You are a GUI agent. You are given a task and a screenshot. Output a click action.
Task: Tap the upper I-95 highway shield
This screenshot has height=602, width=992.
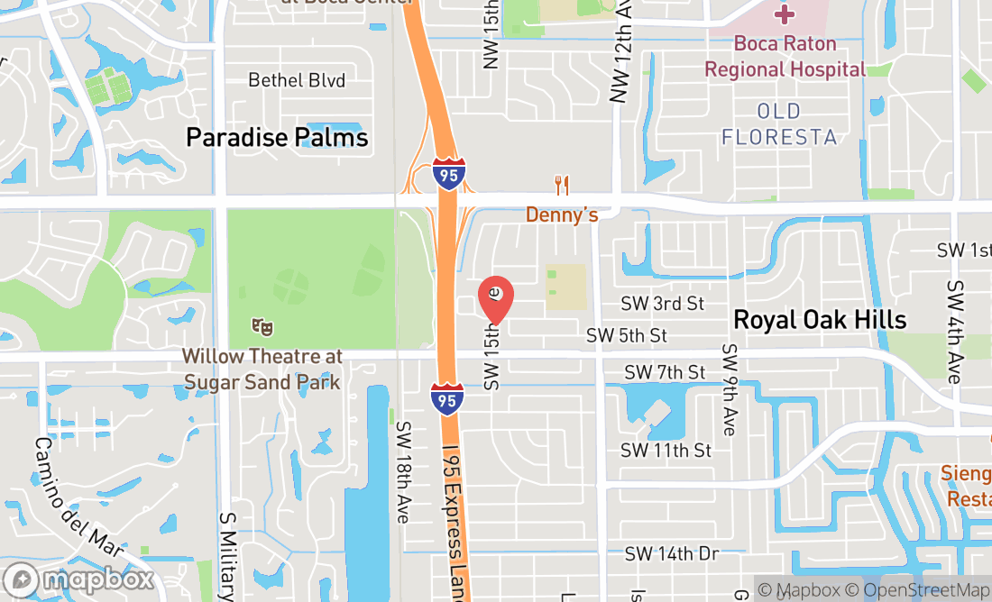(448, 172)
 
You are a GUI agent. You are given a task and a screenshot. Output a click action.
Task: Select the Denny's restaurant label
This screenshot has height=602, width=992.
(562, 215)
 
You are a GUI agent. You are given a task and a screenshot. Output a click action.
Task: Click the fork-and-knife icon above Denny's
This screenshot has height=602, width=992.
(562, 187)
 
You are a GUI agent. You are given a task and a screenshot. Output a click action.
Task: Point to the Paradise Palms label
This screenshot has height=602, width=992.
(277, 137)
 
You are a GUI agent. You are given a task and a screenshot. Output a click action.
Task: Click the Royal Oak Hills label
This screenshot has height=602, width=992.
(819, 319)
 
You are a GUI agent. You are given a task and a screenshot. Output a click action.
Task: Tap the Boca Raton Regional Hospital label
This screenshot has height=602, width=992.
(785, 56)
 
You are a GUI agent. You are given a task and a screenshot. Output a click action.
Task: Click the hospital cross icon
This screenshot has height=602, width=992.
(785, 14)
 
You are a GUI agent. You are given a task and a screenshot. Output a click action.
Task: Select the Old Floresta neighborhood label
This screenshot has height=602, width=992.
(779, 123)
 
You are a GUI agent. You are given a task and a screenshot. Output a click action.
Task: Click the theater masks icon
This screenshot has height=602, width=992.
(262, 326)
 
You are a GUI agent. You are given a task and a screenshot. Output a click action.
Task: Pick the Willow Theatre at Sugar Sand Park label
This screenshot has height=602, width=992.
(262, 369)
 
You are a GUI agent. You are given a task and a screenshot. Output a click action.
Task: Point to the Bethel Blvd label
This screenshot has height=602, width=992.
(297, 81)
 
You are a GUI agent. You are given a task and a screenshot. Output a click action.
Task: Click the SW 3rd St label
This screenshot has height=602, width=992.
(662, 304)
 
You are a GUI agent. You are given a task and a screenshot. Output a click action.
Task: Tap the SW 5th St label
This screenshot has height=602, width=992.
(627, 335)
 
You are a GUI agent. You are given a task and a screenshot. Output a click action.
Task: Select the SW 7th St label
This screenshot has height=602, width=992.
(665, 372)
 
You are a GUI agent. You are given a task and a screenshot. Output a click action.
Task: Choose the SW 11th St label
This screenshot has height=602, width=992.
(666, 450)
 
